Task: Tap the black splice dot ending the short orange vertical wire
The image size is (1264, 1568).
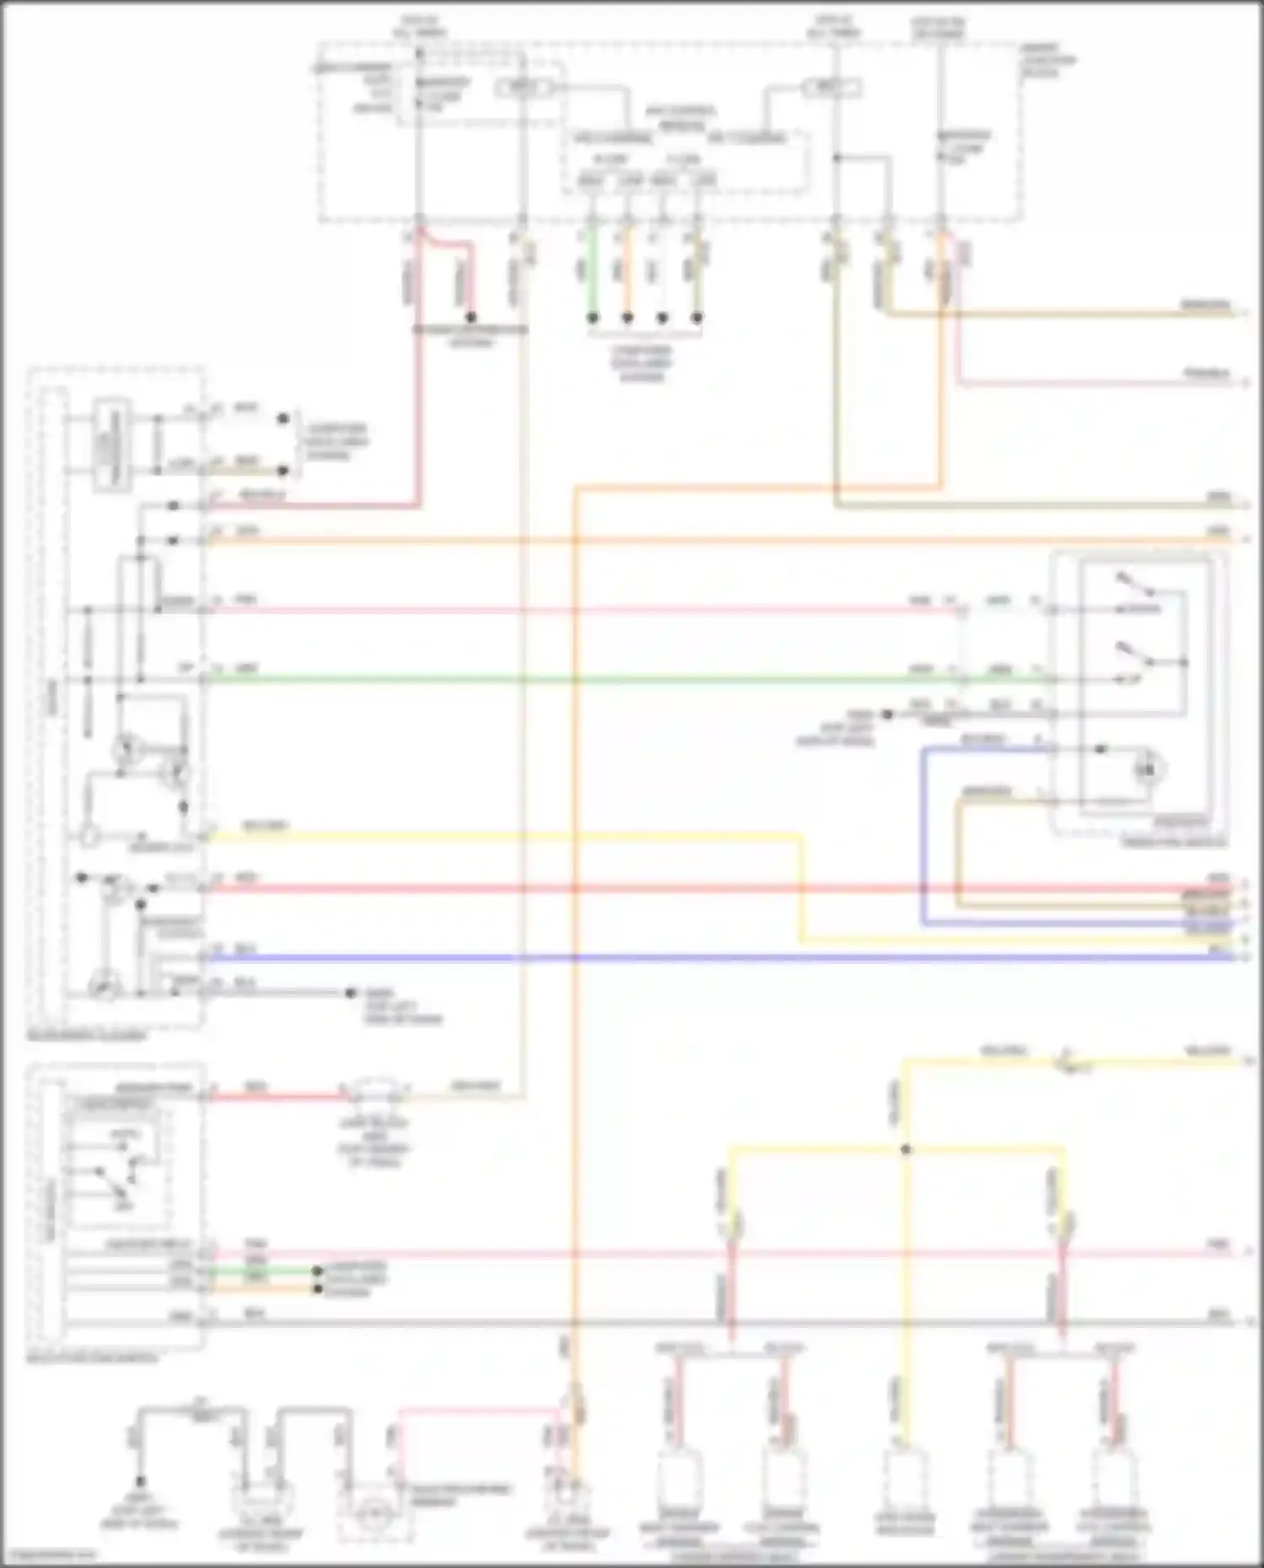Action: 628,318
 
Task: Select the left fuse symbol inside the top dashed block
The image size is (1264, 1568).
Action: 524,87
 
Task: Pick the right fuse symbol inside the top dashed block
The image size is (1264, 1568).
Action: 830,87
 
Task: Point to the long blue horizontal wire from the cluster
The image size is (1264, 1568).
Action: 674,958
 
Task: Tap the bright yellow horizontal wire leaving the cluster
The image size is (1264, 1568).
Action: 506,837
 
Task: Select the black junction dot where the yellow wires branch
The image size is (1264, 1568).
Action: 907,1149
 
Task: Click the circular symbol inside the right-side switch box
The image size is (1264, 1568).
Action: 1148,768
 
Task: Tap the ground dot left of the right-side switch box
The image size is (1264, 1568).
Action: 886,714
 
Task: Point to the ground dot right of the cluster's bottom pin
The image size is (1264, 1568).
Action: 351,993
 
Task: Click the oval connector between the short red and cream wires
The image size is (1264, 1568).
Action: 375,1092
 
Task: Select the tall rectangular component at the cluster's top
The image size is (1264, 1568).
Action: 107,442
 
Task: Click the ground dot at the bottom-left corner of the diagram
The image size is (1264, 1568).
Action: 141,1481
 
